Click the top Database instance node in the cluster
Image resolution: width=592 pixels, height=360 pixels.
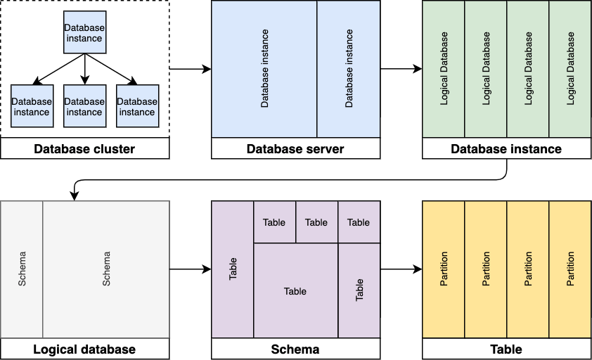click(x=84, y=32)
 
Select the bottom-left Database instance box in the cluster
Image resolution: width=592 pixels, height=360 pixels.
click(x=32, y=106)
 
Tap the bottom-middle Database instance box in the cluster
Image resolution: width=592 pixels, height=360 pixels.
click(x=84, y=106)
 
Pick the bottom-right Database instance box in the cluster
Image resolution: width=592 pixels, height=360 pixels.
click(x=137, y=106)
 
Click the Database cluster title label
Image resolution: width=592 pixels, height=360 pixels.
click(x=84, y=148)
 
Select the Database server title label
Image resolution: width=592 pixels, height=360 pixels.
click(x=295, y=148)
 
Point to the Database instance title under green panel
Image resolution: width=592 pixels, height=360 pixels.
click(x=506, y=148)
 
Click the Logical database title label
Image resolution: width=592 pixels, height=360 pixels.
click(x=84, y=349)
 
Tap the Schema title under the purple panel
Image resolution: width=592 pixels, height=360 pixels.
click(x=295, y=349)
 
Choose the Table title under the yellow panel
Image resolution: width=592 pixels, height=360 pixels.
click(x=506, y=349)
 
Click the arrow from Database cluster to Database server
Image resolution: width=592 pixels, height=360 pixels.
click(x=190, y=69)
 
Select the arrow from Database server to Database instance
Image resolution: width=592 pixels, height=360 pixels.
click(x=401, y=69)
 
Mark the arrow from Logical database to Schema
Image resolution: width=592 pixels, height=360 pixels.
click(x=190, y=269)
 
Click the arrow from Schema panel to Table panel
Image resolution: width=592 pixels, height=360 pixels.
click(x=401, y=269)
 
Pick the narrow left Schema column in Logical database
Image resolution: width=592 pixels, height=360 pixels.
click(x=22, y=269)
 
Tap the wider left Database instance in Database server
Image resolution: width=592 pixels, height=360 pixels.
click(x=264, y=69)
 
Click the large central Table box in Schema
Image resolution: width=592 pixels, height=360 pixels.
click(x=295, y=290)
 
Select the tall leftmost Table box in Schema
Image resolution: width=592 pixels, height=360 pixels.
click(x=233, y=269)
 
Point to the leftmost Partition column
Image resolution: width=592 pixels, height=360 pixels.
click(x=444, y=269)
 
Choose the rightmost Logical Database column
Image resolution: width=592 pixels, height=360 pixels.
click(x=570, y=69)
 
